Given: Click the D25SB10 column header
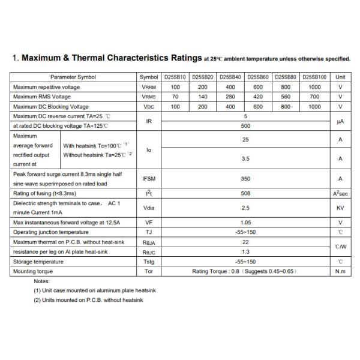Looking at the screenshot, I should (175, 77).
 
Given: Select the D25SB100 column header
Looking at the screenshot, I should (314, 77).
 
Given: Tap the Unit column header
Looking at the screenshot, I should (340, 77).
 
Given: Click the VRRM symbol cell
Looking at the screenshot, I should (149, 87).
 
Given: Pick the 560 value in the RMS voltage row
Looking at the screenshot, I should (287, 97).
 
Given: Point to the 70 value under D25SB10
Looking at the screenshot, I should (175, 97).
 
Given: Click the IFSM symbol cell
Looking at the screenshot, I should (149, 178).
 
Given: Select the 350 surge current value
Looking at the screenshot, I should (245, 178).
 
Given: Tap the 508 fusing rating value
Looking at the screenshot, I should (245, 193).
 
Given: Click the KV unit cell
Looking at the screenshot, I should (340, 208).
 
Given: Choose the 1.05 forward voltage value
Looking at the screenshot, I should (245, 222).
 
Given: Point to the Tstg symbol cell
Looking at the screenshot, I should (149, 261).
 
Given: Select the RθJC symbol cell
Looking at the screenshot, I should (149, 251).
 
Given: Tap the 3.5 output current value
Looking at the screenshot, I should (245, 159).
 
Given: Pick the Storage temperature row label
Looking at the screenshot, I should (38, 261).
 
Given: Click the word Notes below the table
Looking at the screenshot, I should (41, 281).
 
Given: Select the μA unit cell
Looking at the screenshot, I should (340, 121).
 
